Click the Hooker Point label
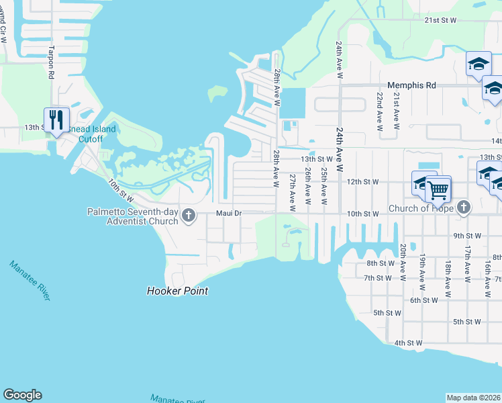point(177,291)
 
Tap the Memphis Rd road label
point(411,85)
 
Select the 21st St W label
point(440,21)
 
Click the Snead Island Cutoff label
point(93,134)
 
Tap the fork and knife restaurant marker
point(55,120)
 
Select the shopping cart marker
point(438,189)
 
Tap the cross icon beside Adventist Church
point(189,216)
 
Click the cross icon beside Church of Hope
point(463,208)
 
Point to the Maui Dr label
point(228,214)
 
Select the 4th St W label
point(408,343)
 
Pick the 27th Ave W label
point(292,192)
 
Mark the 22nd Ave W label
point(379,112)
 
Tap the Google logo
point(22,395)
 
